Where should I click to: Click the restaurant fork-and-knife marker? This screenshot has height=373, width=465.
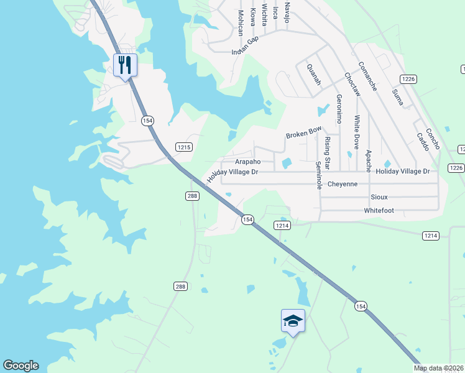point(126,64)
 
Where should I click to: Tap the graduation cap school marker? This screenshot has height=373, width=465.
point(293,320)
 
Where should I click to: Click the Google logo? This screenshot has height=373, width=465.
point(21,366)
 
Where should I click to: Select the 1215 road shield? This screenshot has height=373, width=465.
point(184,147)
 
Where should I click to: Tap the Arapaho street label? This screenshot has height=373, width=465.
point(246,161)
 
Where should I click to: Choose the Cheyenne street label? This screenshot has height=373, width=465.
point(343,184)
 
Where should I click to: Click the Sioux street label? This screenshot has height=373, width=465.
point(379,197)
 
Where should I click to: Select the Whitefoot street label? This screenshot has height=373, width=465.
point(379,211)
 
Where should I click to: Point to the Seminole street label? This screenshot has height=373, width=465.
point(319,176)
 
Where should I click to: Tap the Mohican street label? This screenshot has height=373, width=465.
point(240,22)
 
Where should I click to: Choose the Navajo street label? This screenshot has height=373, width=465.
point(287,12)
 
